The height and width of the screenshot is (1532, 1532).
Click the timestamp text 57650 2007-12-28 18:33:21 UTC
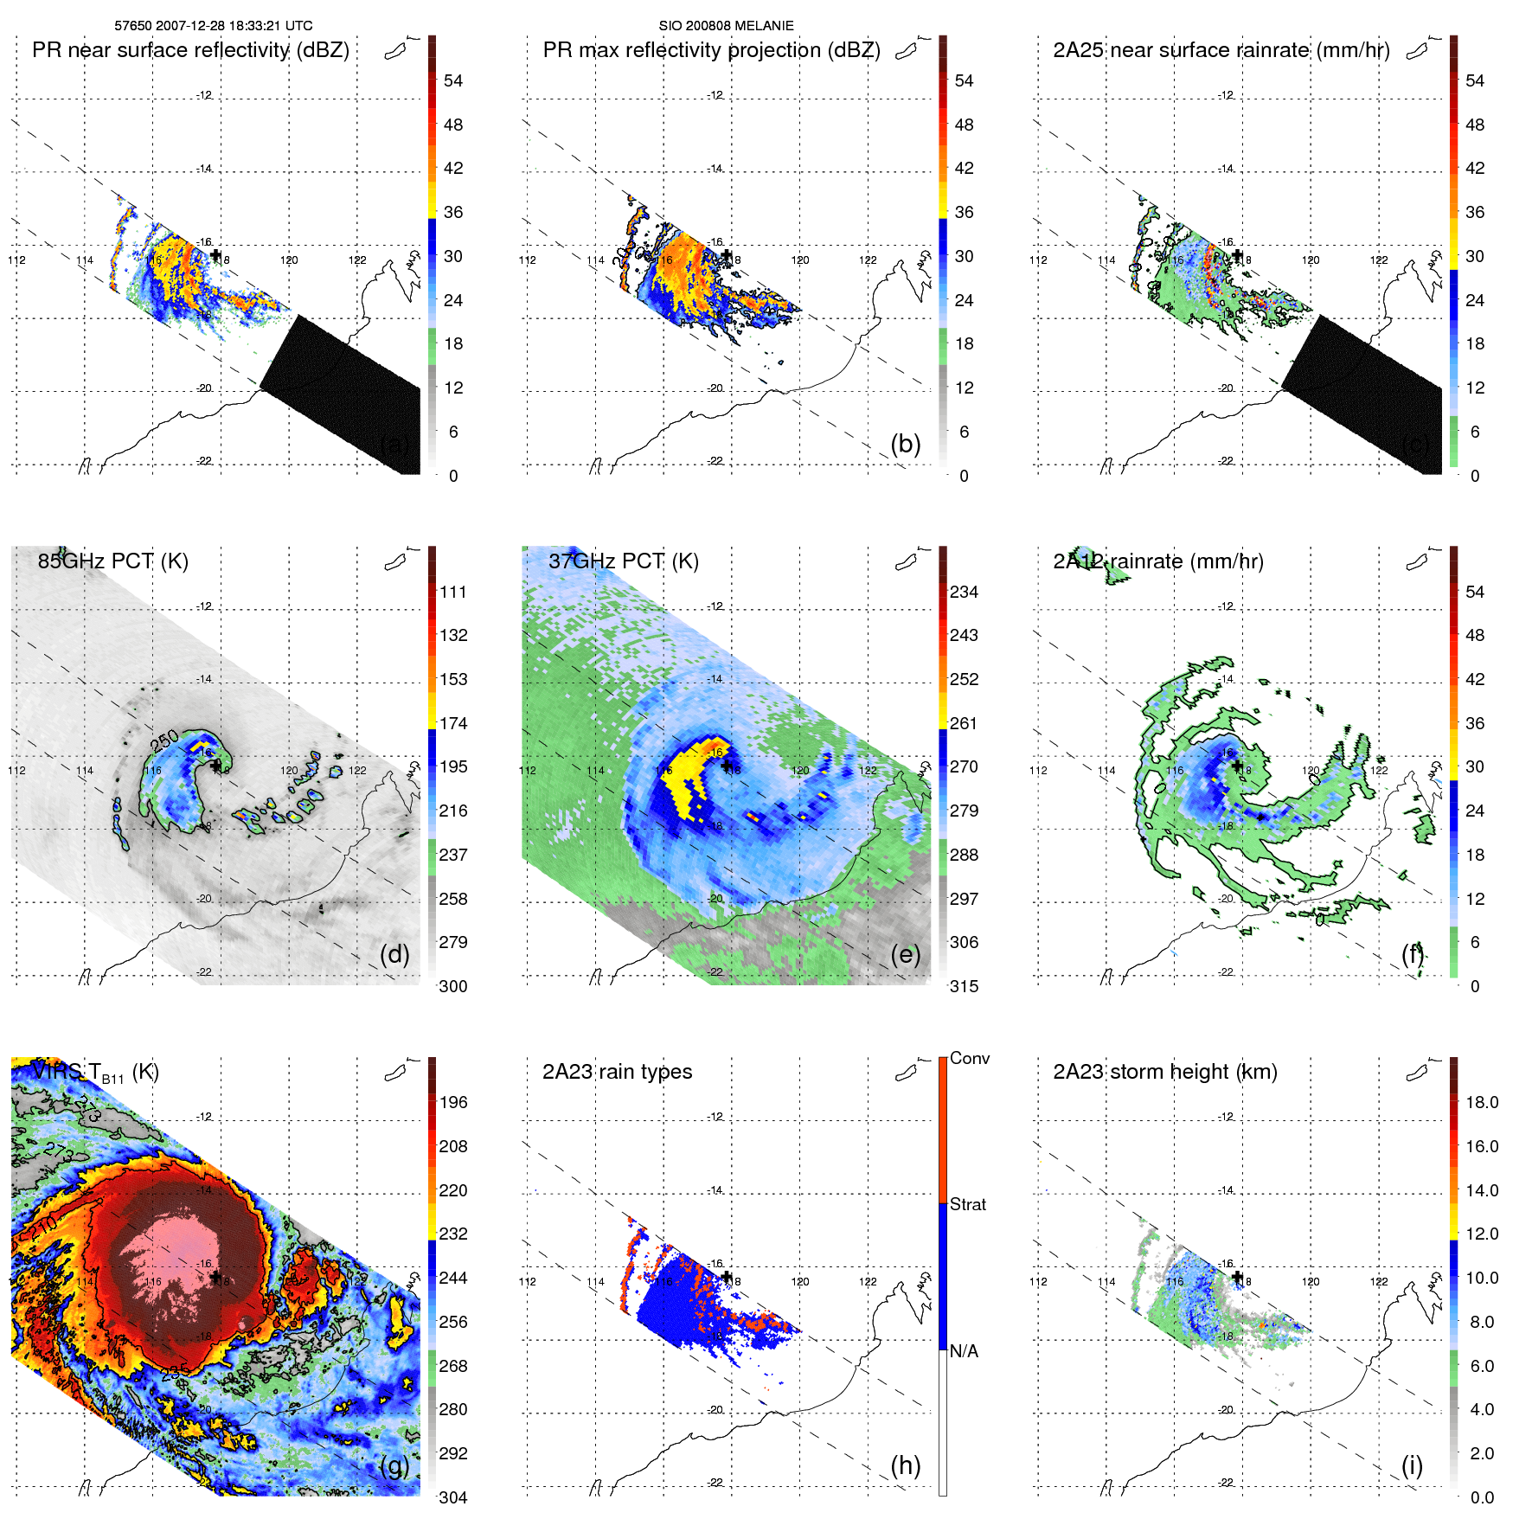[213, 26]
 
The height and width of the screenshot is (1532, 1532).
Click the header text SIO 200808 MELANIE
[726, 26]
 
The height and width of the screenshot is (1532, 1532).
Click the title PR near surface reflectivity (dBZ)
[190, 50]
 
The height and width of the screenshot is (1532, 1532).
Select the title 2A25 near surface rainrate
[1221, 50]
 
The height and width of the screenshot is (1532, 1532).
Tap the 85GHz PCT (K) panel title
[112, 561]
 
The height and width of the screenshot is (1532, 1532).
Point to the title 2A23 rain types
[617, 1072]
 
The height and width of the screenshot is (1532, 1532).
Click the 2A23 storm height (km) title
[1164, 1072]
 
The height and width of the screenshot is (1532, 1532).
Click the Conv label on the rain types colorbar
[969, 1058]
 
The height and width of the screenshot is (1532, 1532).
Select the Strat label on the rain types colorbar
[967, 1204]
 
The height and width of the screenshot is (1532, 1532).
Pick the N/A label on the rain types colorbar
[964, 1351]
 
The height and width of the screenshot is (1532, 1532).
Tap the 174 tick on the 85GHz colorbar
[453, 723]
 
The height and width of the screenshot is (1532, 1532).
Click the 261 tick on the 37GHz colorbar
[964, 723]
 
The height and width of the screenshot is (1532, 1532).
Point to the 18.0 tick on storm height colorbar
[1481, 1102]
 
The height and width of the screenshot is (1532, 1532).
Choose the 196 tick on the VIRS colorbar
[453, 1102]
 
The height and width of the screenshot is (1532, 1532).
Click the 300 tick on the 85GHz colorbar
[453, 986]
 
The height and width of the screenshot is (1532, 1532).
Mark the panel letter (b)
[905, 444]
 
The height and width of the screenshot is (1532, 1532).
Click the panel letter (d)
[394, 954]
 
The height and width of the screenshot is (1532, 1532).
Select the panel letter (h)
[905, 1465]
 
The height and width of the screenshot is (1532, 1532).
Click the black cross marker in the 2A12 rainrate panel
[1237, 766]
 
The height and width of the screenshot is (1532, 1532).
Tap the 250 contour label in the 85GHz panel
[164, 741]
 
